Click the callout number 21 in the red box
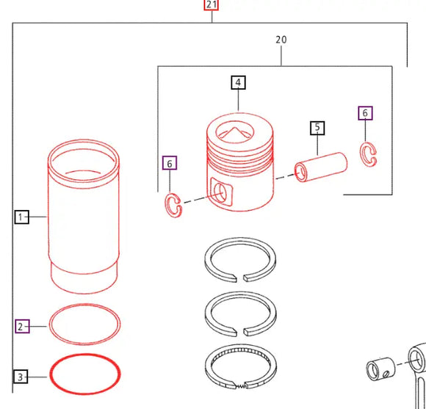click(212, 5)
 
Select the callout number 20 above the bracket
click(281, 39)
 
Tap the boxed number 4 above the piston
click(238, 82)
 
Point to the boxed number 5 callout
click(317, 128)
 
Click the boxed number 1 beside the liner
click(21, 217)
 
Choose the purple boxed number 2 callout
click(21, 325)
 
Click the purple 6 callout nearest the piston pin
click(365, 113)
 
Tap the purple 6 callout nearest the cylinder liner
click(170, 162)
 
